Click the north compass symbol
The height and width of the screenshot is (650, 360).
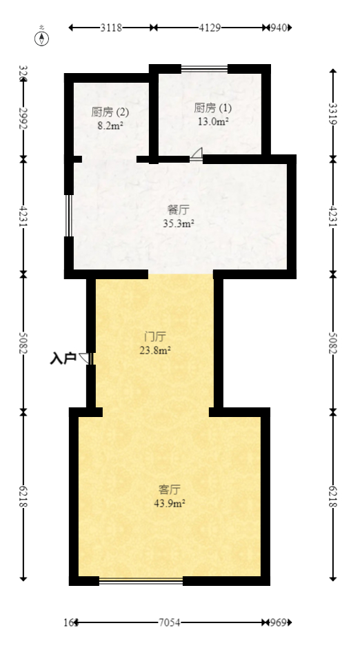pos(43,38)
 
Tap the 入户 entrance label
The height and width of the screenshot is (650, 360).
pos(63,358)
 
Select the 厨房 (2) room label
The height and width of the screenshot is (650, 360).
pos(110,112)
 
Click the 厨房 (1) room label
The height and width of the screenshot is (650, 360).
pos(213,108)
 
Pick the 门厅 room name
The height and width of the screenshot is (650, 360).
pos(155,337)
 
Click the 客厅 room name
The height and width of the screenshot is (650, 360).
pos(170,490)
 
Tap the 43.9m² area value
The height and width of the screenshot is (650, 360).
pos(170,503)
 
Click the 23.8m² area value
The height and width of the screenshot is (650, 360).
pos(155,349)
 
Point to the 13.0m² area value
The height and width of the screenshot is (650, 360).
pos(213,121)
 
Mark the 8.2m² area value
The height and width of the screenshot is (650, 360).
pos(110,125)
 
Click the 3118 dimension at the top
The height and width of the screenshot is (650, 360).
pos(111,28)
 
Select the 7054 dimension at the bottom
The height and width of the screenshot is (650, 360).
pos(170,622)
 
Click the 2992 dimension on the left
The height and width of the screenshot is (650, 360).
pos(23,119)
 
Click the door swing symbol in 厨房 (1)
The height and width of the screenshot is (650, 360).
pos(197,154)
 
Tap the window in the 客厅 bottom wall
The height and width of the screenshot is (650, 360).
pos(141,580)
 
